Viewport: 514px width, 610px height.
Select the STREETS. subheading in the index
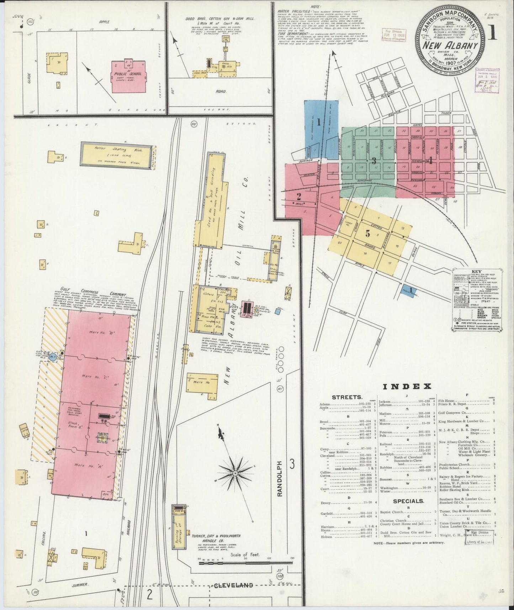point(347,397)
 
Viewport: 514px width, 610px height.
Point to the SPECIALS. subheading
point(408,501)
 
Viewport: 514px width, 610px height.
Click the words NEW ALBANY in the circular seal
point(450,46)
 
